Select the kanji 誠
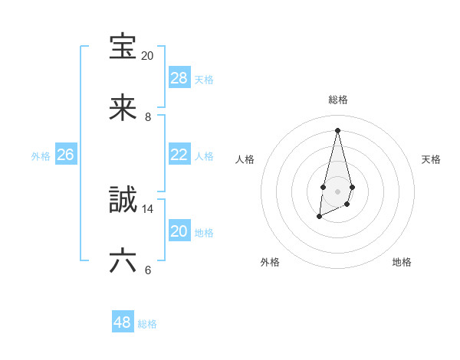(x=123, y=200)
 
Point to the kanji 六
(x=123, y=261)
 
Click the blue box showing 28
(x=179, y=78)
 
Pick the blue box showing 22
(x=179, y=155)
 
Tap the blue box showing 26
(x=65, y=155)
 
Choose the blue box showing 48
(x=123, y=322)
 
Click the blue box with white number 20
(x=179, y=231)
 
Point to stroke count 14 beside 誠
(x=148, y=208)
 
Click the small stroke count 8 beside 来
(x=148, y=117)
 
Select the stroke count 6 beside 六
(x=148, y=270)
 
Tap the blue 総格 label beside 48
(x=148, y=324)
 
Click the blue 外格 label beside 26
(x=41, y=156)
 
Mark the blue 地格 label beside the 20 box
(x=204, y=233)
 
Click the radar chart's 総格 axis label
(x=338, y=100)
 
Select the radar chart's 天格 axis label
(x=432, y=159)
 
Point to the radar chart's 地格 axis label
(x=402, y=262)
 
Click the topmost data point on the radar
(x=337, y=129)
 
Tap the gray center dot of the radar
(x=337, y=190)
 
